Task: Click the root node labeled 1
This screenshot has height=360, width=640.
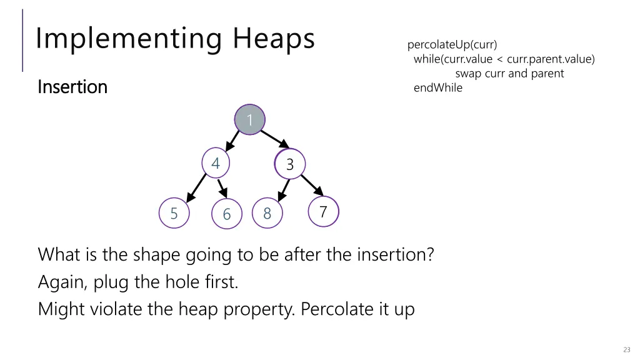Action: (x=249, y=119)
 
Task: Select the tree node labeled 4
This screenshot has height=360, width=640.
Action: (x=216, y=164)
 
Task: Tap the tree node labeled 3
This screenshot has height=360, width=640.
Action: (x=289, y=164)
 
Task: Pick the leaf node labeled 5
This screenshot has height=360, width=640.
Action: (x=174, y=213)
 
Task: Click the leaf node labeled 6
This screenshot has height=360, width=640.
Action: (x=226, y=214)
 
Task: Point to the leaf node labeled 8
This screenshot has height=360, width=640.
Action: (x=267, y=213)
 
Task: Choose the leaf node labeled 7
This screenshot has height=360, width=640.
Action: (x=323, y=212)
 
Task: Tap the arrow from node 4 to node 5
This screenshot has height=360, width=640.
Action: (x=196, y=186)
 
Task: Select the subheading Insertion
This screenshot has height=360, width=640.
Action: (x=72, y=87)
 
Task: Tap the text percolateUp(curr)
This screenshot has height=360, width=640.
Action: (x=452, y=45)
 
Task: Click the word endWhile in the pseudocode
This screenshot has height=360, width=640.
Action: (x=438, y=88)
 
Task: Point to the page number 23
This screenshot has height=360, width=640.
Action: (x=626, y=349)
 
